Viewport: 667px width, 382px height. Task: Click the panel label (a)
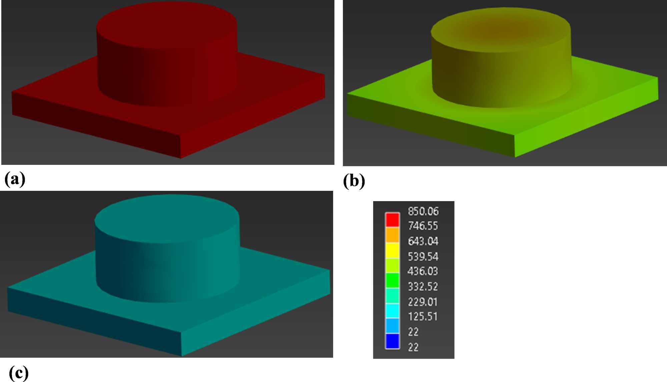click(15, 179)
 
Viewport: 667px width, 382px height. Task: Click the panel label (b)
click(354, 181)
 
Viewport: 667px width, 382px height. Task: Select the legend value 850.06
click(423, 211)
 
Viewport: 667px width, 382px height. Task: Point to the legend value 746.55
click(423, 226)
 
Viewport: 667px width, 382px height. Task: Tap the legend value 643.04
click(423, 241)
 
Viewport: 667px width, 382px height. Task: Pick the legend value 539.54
click(423, 256)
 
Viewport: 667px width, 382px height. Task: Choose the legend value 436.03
click(423, 271)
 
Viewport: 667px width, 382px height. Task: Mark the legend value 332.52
click(423, 286)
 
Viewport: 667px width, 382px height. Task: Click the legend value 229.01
click(423, 302)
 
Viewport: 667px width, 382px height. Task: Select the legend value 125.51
click(423, 316)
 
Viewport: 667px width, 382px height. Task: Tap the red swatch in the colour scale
click(392, 220)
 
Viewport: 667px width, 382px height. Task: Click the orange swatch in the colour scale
click(392, 235)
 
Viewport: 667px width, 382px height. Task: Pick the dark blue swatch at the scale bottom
click(392, 341)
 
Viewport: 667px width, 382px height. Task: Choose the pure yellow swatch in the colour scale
click(392, 250)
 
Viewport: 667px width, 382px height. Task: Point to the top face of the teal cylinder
click(167, 218)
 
